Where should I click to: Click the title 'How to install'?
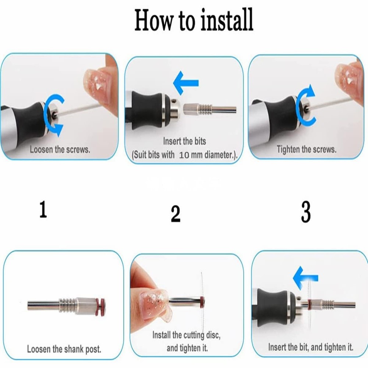coord(194,20)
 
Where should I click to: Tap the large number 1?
coord(43,209)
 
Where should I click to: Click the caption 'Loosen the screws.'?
coord(60,149)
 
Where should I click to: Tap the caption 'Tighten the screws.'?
coord(306,149)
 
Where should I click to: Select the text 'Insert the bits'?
coord(184,141)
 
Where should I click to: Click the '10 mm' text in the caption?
coord(191,155)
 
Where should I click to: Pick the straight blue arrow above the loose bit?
coord(186,83)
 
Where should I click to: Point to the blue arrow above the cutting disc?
coord(305,278)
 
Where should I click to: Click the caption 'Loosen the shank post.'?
coord(64,349)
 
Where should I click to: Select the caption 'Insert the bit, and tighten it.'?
coord(311,347)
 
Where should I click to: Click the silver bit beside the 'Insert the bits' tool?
coord(210,109)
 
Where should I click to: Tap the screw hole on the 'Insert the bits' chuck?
coord(174,102)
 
